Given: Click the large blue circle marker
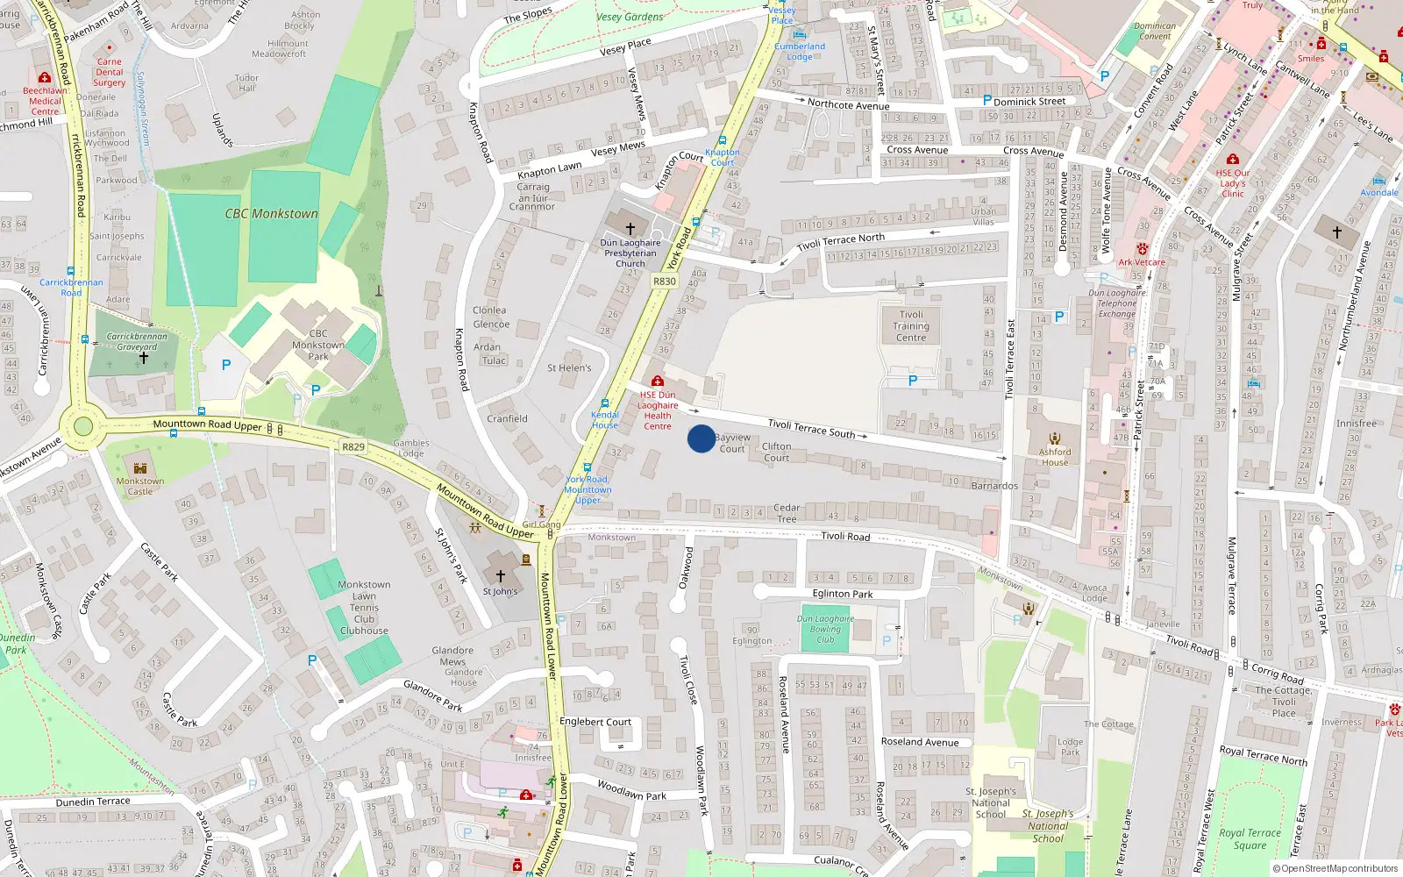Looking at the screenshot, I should tap(701, 438).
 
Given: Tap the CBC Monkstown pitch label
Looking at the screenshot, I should tap(271, 213).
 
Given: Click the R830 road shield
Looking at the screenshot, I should tap(665, 282).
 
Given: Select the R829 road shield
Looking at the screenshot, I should tap(353, 447).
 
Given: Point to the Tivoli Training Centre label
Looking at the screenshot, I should tap(911, 326).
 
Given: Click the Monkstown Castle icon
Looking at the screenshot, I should tap(139, 467).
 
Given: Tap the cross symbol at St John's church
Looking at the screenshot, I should tap(501, 576).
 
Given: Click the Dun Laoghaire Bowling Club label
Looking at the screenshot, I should tap(825, 629).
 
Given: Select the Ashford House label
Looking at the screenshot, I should tap(1055, 457).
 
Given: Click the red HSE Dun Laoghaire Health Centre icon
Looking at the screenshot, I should tap(657, 381).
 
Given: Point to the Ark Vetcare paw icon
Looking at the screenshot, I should tap(1142, 250).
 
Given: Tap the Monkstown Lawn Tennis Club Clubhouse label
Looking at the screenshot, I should tap(364, 607).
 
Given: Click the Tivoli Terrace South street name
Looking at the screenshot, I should tap(811, 428).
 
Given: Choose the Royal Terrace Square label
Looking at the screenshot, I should tap(1250, 838).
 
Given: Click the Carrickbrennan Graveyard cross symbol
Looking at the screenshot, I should tap(144, 358).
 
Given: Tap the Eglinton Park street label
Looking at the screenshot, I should tap(842, 594).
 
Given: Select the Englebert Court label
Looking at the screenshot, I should tap(595, 722).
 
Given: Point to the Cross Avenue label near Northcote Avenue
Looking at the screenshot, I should tap(917, 150).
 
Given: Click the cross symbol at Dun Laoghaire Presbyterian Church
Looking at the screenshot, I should tap(630, 228).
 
